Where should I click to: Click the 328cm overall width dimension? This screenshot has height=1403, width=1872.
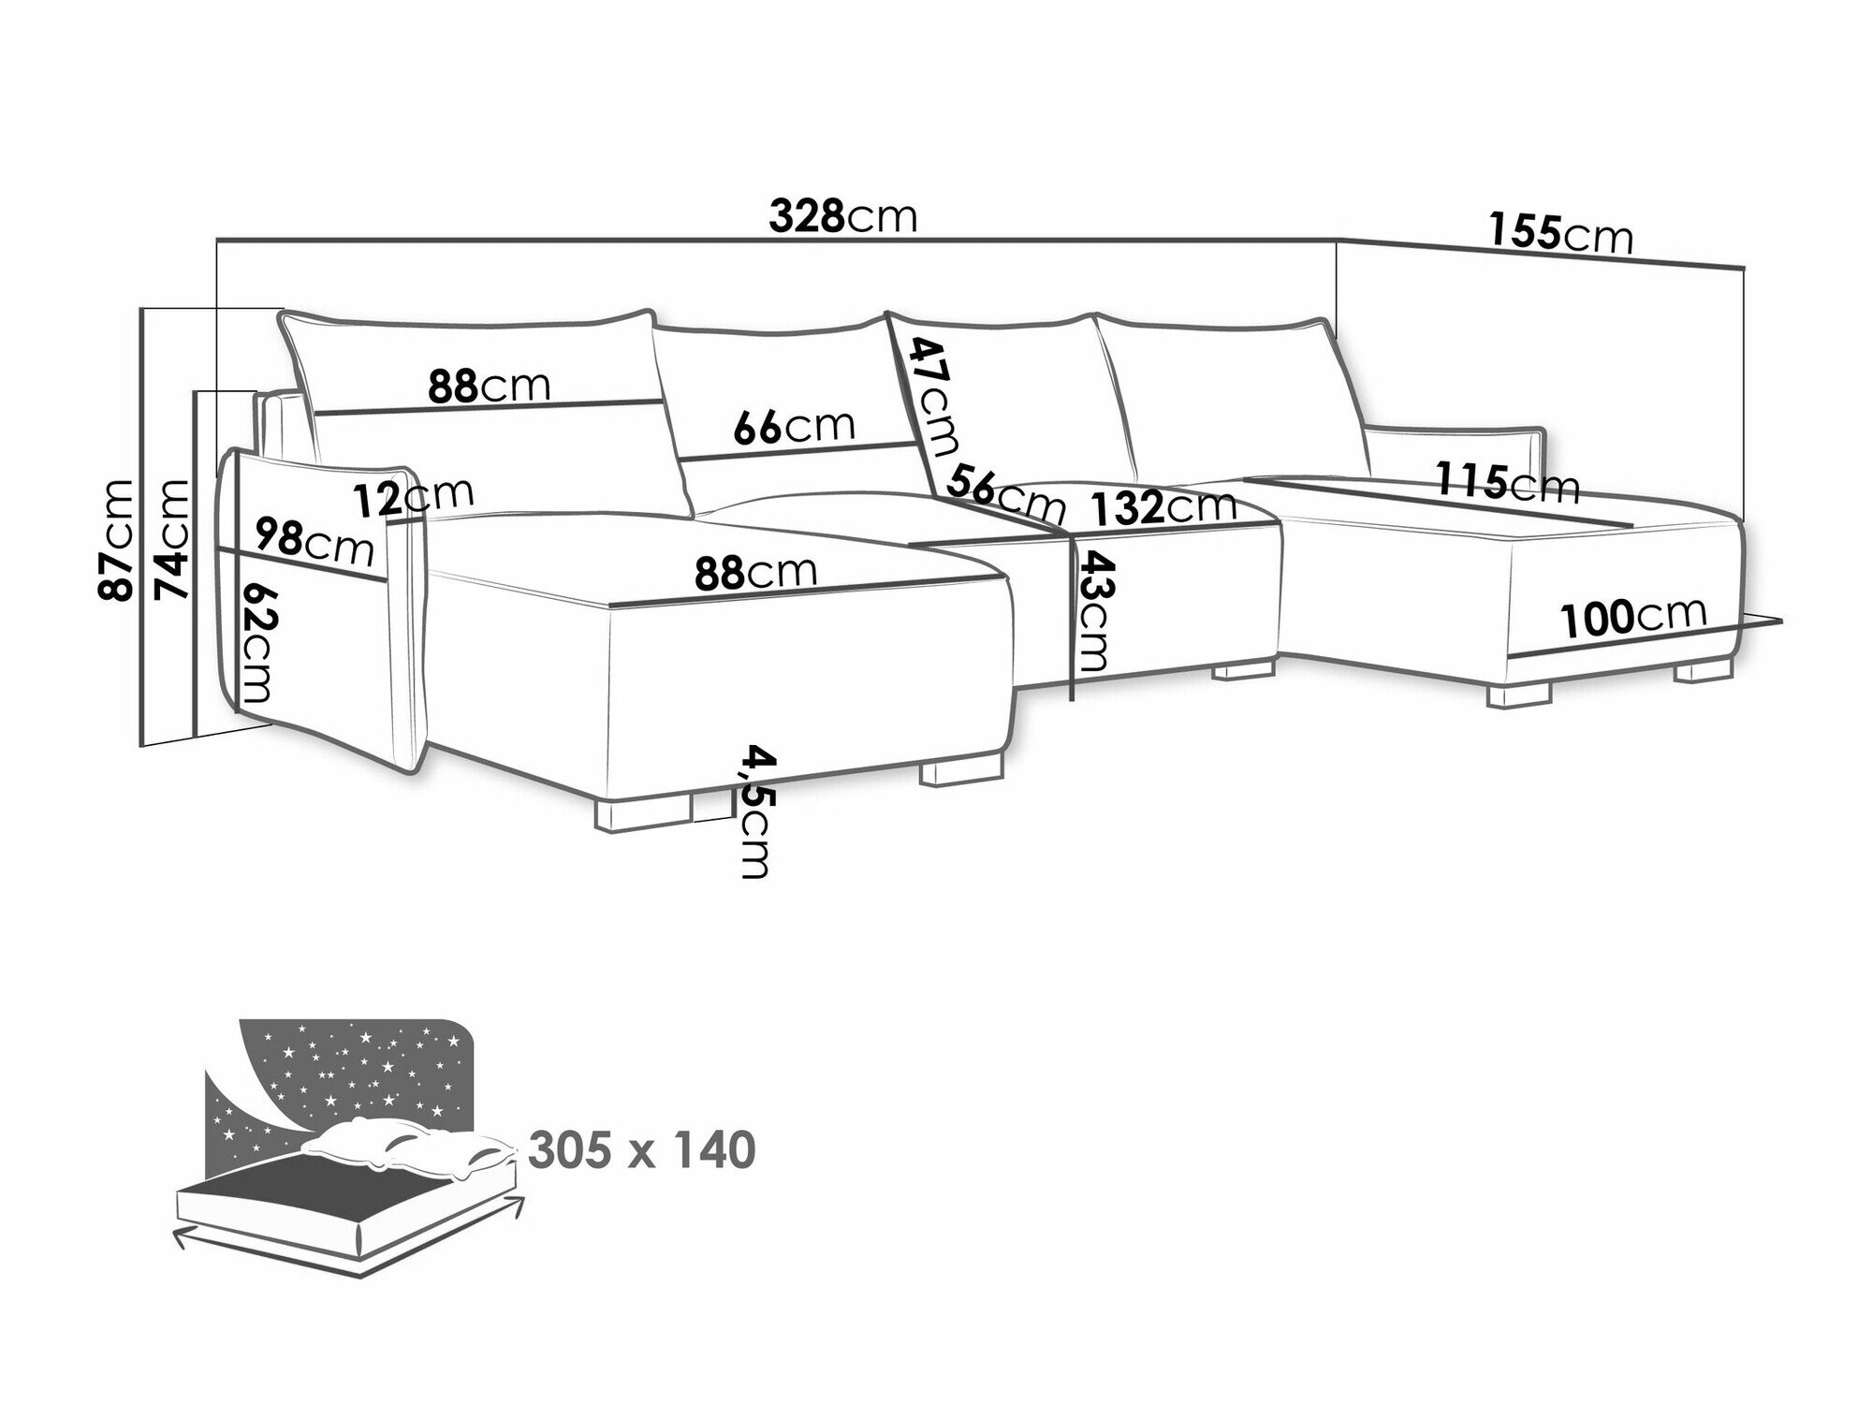pyautogui.click(x=842, y=217)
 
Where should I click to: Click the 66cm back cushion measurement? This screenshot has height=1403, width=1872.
pyautogui.click(x=794, y=428)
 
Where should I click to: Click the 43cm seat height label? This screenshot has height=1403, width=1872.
pyautogui.click(x=1091, y=613)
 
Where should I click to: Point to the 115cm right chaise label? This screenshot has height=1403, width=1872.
pyautogui.click(x=1508, y=484)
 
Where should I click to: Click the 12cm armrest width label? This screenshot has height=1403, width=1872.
pyautogui.click(x=414, y=496)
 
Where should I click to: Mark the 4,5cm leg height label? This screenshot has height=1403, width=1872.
pyautogui.click(x=754, y=811)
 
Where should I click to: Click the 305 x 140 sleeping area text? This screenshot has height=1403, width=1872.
pyautogui.click(x=642, y=1150)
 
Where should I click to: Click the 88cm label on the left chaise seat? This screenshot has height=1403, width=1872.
pyautogui.click(x=755, y=572)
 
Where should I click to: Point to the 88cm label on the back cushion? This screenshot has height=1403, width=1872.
pyautogui.click(x=489, y=385)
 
